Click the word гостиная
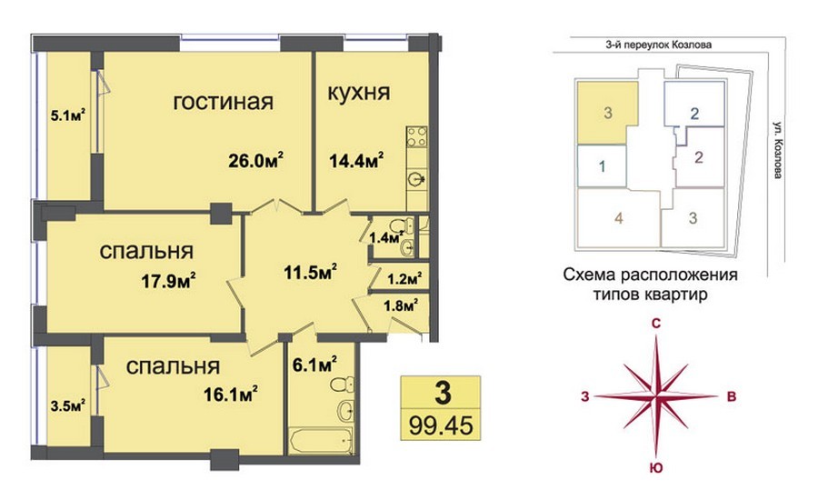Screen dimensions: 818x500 tap(224, 102)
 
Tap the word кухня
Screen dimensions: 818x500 tap(359, 92)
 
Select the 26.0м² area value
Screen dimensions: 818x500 tap(255, 159)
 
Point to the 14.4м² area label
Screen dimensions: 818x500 tap(356, 160)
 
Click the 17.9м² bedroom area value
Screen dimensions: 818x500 tap(168, 281)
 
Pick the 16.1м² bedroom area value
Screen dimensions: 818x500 tap(231, 394)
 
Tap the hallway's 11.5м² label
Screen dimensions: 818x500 tap(311, 272)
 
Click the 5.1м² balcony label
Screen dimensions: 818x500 tap(68, 115)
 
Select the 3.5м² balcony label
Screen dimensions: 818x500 tap(68, 405)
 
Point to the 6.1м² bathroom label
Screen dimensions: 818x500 tap(314, 364)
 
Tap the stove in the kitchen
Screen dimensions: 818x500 tap(417, 136)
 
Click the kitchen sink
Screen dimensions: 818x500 tap(417, 179)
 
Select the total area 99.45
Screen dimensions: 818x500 tap(441, 425)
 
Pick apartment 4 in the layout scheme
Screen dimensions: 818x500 tap(619, 217)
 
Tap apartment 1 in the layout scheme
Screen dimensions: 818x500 tap(602, 166)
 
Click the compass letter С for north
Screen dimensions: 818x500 tap(656, 324)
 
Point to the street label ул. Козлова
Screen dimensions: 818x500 tap(778, 150)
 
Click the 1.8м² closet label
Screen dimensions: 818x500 tap(401, 305)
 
